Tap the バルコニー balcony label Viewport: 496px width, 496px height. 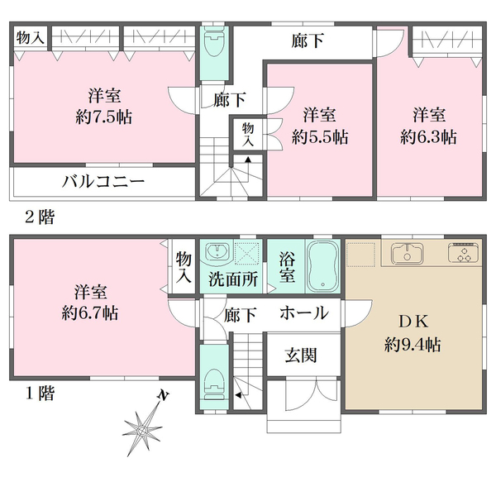pos(103,182)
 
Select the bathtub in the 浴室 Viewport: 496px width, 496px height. pos(323,265)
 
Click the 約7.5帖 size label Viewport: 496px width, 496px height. pos(103,115)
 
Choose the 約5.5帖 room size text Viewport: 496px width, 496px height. pos(319,136)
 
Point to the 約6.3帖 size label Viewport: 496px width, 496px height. pos(429,136)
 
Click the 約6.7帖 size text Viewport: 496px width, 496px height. pos(90,313)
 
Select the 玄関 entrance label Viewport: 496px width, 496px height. pos(302,355)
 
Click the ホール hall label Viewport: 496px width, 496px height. pos(303,313)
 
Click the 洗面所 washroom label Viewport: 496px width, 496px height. pos(231,279)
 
